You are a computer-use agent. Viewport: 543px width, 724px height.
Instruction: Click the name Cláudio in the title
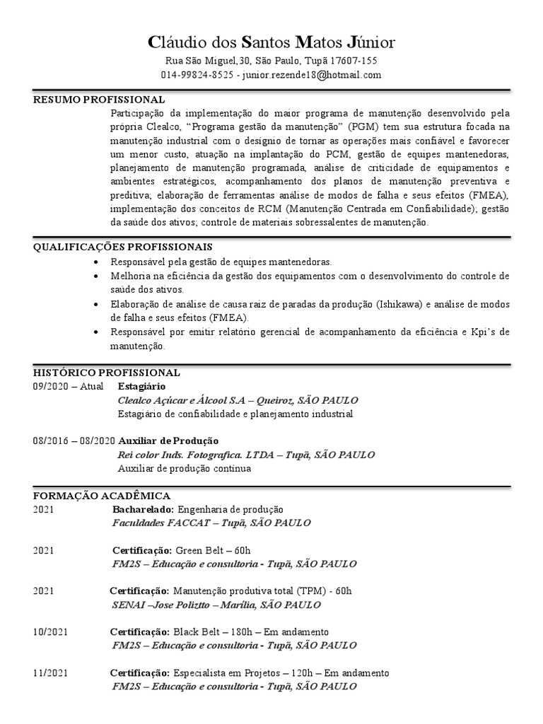point(175,42)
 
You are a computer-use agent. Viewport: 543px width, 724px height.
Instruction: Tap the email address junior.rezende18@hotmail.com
point(312,75)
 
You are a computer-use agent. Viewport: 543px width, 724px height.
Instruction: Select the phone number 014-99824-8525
point(197,75)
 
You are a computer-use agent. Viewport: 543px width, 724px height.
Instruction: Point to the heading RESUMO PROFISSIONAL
point(99,100)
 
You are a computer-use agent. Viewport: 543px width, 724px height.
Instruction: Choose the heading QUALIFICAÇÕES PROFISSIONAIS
point(122,247)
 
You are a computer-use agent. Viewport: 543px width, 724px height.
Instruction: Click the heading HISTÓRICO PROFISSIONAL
point(106,373)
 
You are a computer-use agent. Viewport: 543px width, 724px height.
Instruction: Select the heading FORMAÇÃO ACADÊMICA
point(101,496)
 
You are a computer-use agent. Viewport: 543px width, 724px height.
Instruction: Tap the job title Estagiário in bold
point(141,387)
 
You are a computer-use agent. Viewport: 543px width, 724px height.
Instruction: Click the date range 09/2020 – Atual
point(68,387)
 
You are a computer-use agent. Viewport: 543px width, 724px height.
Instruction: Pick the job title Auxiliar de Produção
point(168,440)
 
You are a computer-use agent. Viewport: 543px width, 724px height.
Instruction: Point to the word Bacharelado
point(143,509)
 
